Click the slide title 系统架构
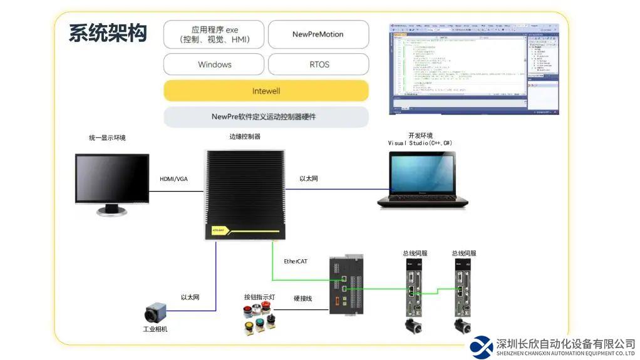point(108,33)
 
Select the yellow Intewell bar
point(266,91)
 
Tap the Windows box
point(214,64)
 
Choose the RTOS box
point(319,64)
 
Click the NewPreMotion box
point(318,34)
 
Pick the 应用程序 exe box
point(214,34)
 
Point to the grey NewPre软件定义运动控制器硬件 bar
point(266,116)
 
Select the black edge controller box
point(245,194)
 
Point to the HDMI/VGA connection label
point(173,179)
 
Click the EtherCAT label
point(296,261)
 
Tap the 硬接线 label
point(302,299)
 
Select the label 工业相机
point(155,329)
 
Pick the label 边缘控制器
point(245,136)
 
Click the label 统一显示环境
point(107,138)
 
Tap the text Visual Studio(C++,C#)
point(420,143)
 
